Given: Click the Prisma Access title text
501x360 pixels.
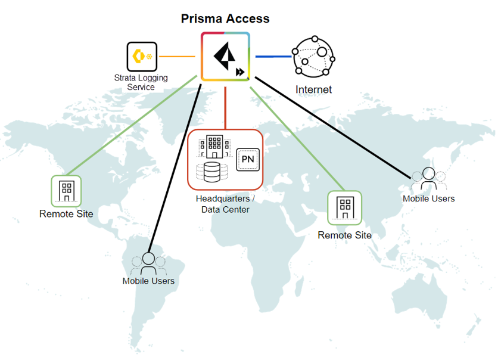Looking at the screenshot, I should pos(225,18).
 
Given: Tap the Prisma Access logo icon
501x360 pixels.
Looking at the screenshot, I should pos(225,57).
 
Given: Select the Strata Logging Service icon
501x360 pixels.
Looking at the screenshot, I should pos(142,57).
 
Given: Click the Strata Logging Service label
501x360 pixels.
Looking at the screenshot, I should pos(141,82).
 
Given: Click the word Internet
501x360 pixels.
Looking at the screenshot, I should pos(313,90).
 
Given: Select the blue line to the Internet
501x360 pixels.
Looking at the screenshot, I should pos(273,57).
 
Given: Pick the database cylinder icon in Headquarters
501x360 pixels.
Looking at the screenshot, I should pos(212,172).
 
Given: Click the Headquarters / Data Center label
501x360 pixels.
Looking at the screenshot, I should pos(225,204).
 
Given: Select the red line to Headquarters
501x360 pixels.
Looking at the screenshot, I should pos(225,107).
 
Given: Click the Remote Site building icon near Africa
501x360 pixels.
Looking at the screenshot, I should pos(344,207).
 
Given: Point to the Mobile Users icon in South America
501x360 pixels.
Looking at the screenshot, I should pos(148,263).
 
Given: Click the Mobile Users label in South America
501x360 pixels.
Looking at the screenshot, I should pos(148,281).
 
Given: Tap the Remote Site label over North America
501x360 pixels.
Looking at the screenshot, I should pos(66,214).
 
